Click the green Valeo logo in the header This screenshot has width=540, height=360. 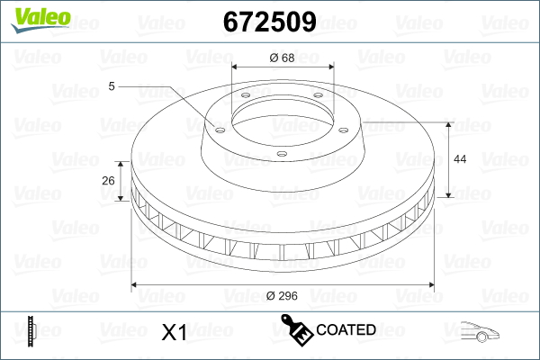[40, 20]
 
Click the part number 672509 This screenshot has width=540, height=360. [270, 22]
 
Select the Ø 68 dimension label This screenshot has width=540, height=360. [282, 58]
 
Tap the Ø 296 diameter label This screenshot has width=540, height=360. [282, 295]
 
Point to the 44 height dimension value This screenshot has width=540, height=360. [460, 158]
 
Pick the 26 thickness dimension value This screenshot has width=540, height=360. [108, 181]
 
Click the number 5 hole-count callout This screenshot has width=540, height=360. [112, 86]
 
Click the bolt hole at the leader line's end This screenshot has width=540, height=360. [220, 130]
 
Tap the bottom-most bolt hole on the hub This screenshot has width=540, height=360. [282, 154]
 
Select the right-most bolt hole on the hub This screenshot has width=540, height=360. [344, 130]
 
